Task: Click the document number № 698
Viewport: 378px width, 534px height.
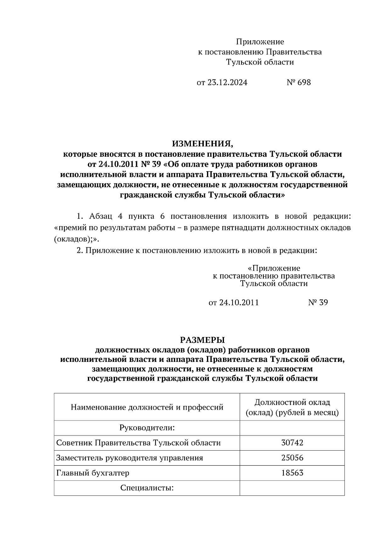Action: pos(299,82)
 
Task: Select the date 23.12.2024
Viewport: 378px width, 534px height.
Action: pos(227,82)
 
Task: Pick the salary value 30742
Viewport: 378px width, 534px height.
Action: pos(292,443)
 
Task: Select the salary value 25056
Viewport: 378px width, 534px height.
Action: pos(292,458)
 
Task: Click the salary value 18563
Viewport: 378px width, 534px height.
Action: pos(292,473)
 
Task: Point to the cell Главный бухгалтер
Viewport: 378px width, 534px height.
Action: pos(93,473)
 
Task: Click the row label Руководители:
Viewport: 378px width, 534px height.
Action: pos(147,428)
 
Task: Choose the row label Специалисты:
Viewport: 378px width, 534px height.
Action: pos(147,488)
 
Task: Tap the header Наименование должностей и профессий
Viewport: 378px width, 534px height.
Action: pos(147,407)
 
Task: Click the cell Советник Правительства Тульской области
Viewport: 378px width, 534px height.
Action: pos(138,443)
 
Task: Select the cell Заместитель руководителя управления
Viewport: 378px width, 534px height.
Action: pos(129,458)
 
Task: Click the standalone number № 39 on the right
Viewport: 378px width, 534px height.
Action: pos(318,302)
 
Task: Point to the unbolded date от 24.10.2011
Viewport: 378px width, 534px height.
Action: pos(233,302)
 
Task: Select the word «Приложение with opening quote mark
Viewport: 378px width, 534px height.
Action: pos(274,268)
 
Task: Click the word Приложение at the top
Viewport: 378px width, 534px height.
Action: pos(260,42)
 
